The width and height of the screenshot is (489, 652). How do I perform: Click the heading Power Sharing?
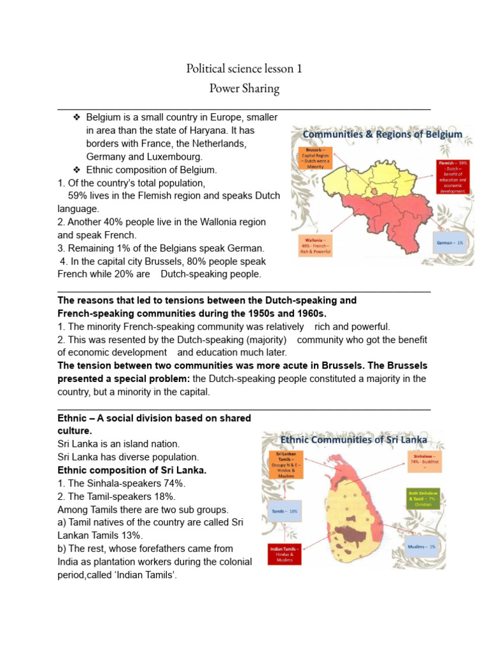(x=244, y=89)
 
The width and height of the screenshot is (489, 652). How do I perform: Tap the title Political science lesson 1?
(x=244, y=68)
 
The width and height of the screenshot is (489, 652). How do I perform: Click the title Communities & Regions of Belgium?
(x=382, y=134)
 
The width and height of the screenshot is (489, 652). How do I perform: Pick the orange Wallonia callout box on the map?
(x=315, y=245)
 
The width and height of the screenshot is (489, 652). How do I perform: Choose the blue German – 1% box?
(x=450, y=243)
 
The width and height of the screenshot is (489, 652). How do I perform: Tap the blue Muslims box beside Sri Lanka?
(x=423, y=546)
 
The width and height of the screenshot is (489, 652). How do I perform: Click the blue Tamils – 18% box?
(x=284, y=511)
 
